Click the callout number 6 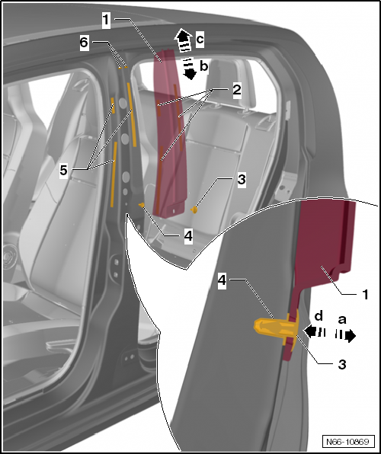(84, 43)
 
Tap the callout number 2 (237, 90)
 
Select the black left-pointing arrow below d (310, 331)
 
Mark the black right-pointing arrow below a (349, 335)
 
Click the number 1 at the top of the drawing (106, 17)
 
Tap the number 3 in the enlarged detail (342, 365)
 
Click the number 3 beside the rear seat (240, 180)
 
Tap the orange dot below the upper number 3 (194, 206)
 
